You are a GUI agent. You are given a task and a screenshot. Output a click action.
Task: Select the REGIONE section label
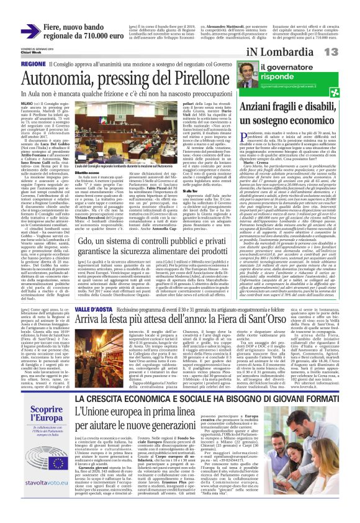point(33,64)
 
